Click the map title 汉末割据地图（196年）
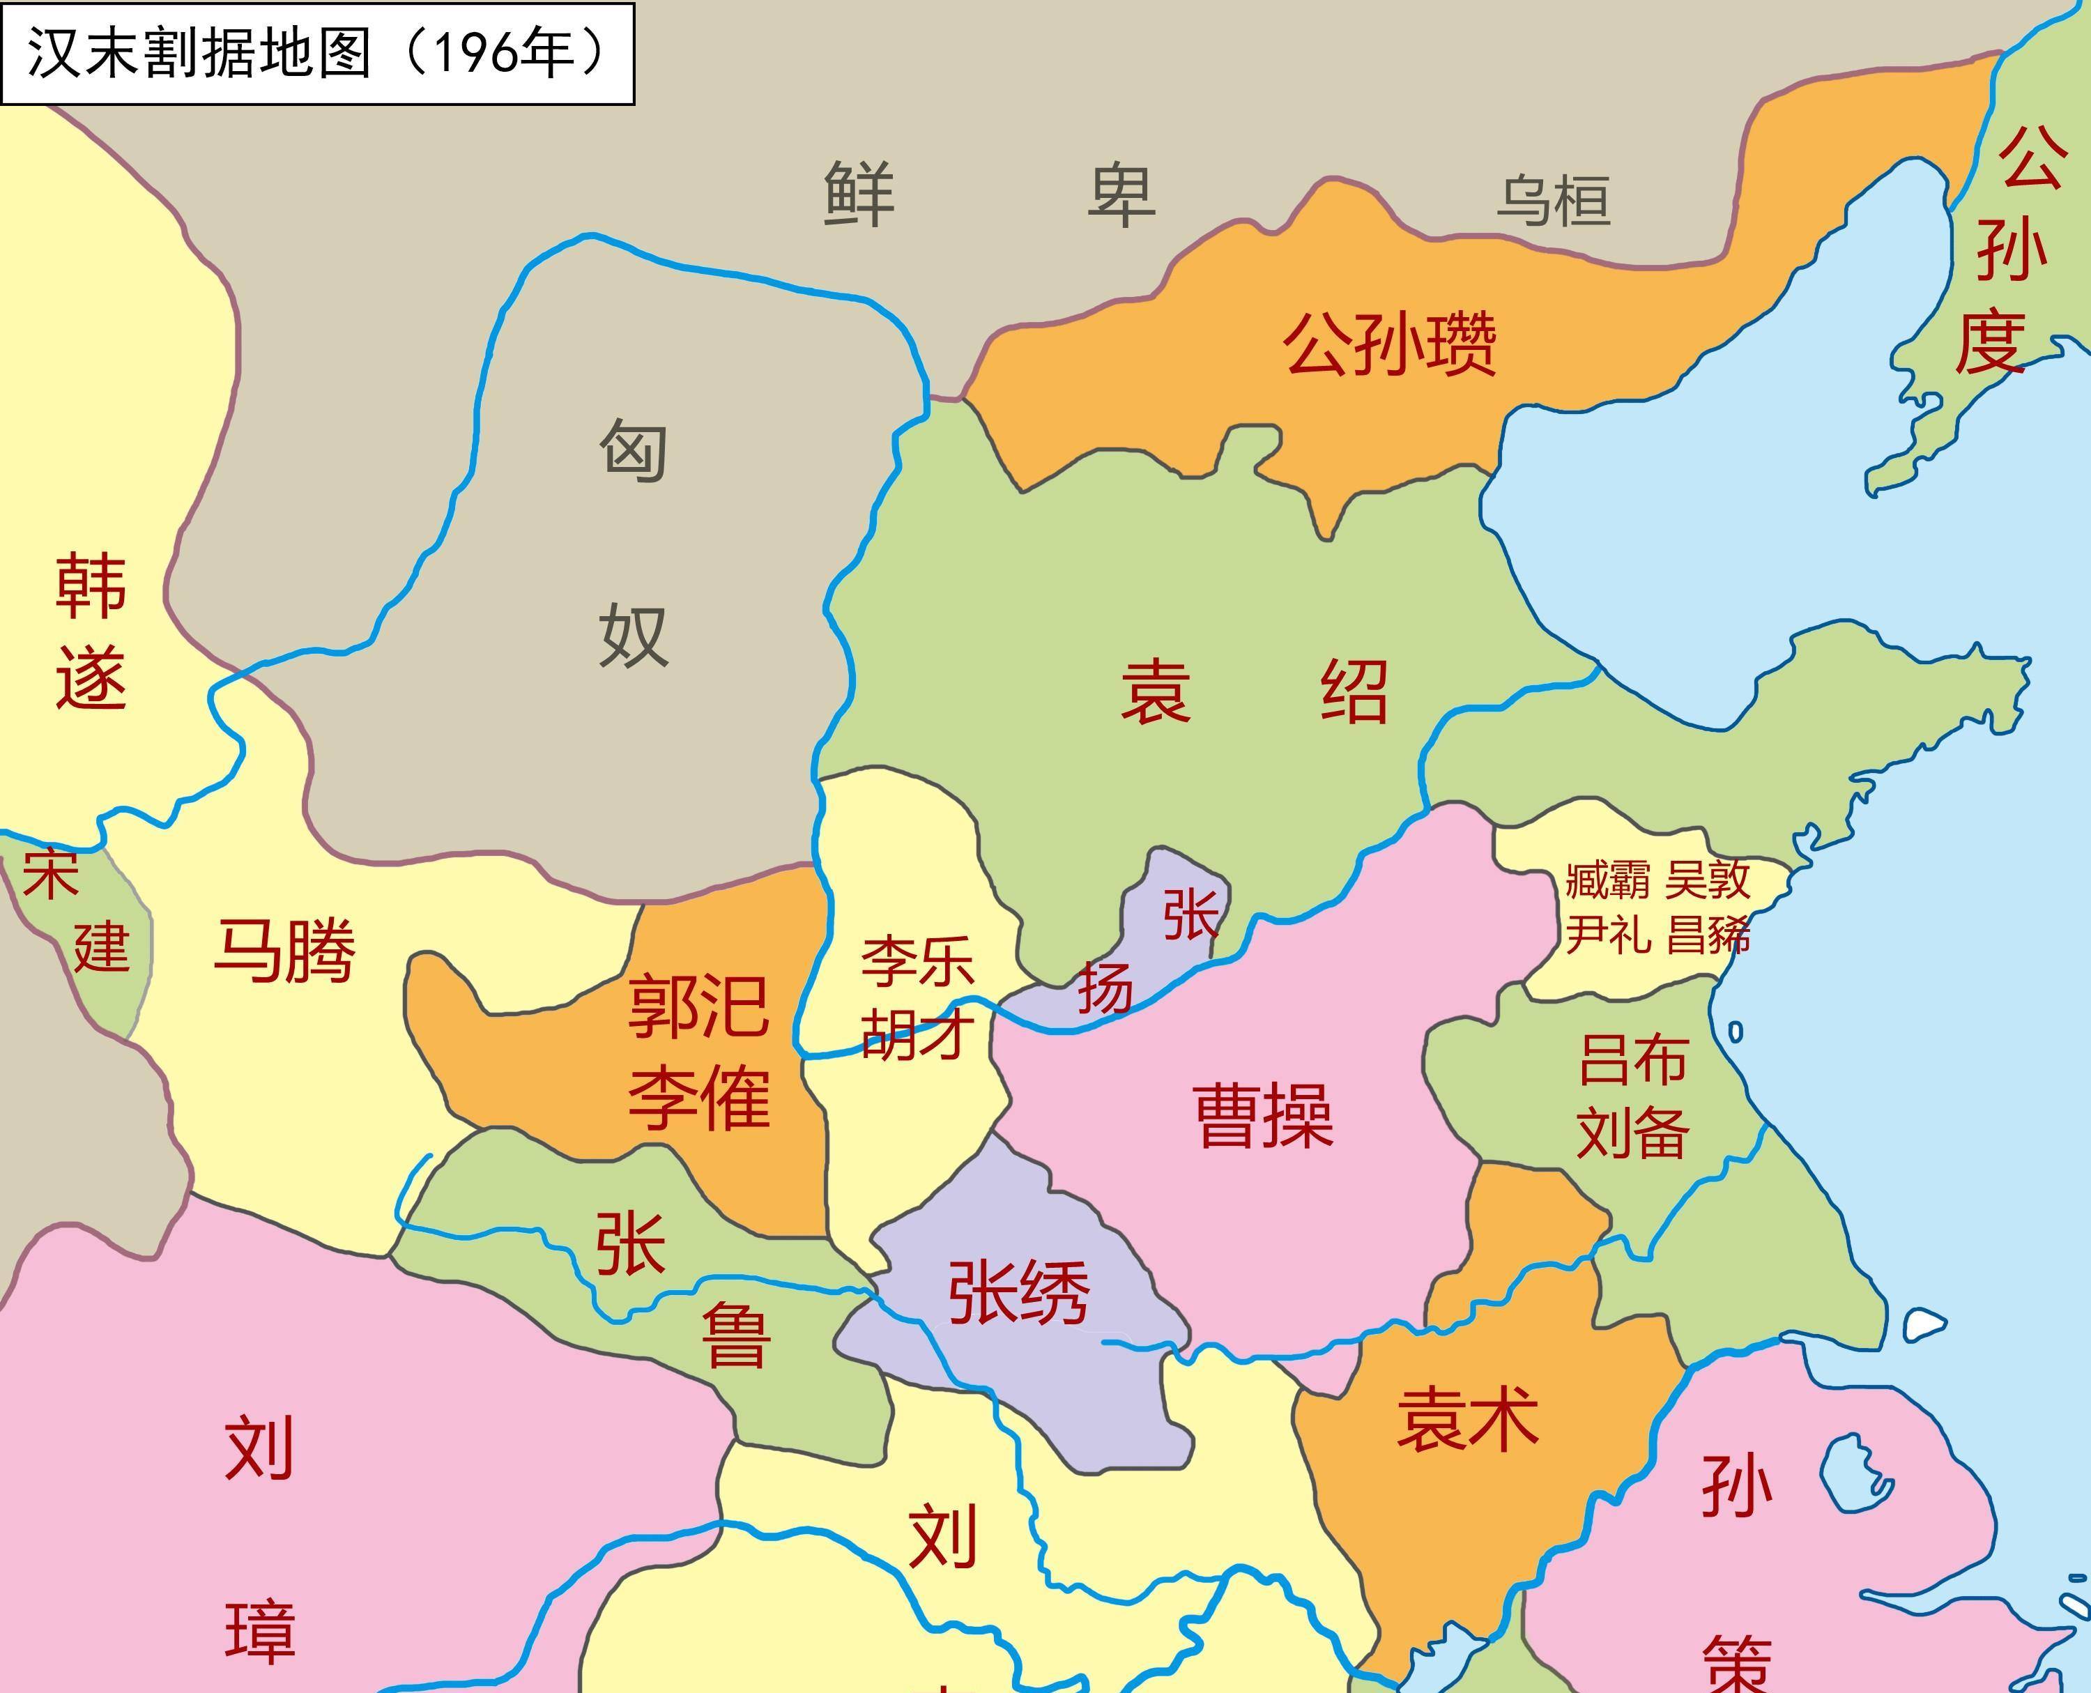pos(317,53)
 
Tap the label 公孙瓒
pos(1389,344)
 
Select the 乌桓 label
pos(1553,201)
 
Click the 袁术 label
pos(1468,1419)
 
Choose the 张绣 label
pos(1019,1292)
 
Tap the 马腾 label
pos(284,950)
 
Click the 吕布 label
pos(1632,1060)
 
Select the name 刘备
pos(1632,1132)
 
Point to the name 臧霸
pos(1607,880)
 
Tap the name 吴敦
pos(1708,880)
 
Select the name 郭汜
pos(698,1006)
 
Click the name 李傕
pos(698,1097)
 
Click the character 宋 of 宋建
pos(51,874)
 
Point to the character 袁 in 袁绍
pos(1156,691)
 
